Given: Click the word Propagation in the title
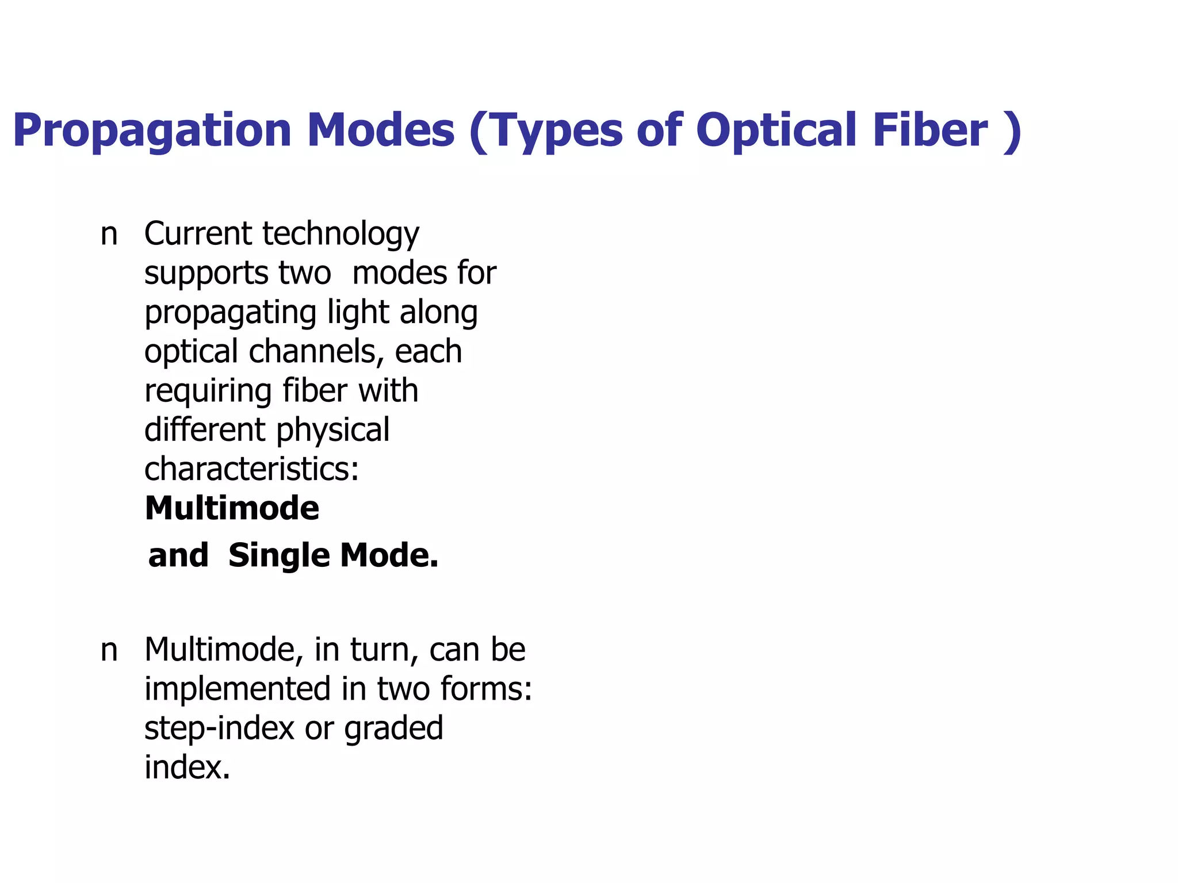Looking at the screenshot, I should pyautogui.click(x=152, y=131).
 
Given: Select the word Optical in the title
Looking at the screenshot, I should pyautogui.click(x=777, y=131).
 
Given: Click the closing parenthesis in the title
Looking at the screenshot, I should pyautogui.click(x=1011, y=132).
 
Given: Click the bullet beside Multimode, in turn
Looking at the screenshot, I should pyautogui.click(x=109, y=651).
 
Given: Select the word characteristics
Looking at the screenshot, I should pyautogui.click(x=251, y=470).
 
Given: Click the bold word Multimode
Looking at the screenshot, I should pyautogui.click(x=232, y=509).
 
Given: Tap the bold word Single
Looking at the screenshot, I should pyautogui.click(x=279, y=556).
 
